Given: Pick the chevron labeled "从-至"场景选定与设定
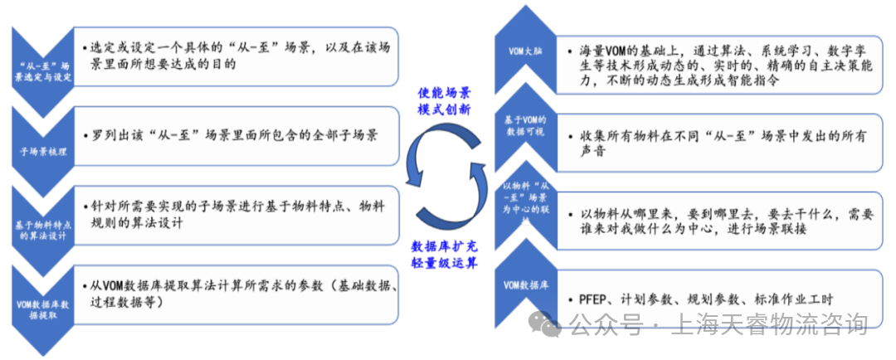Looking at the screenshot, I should coord(44,71).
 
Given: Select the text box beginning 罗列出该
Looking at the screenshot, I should coord(236,135).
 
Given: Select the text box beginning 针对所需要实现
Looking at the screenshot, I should coord(236,213).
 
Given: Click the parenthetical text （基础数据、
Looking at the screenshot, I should coord(366,287).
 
